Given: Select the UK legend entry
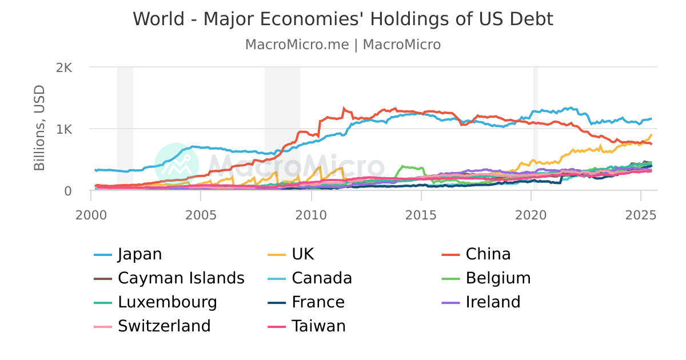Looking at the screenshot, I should [x=302, y=254].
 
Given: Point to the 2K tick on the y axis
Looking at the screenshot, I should [x=64, y=67].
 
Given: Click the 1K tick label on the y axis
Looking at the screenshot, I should [x=64, y=129].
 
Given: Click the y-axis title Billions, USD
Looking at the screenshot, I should [x=39, y=128].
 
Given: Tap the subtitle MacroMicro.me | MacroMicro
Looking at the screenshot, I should [x=342, y=45].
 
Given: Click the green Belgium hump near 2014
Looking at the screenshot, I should [x=409, y=167].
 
